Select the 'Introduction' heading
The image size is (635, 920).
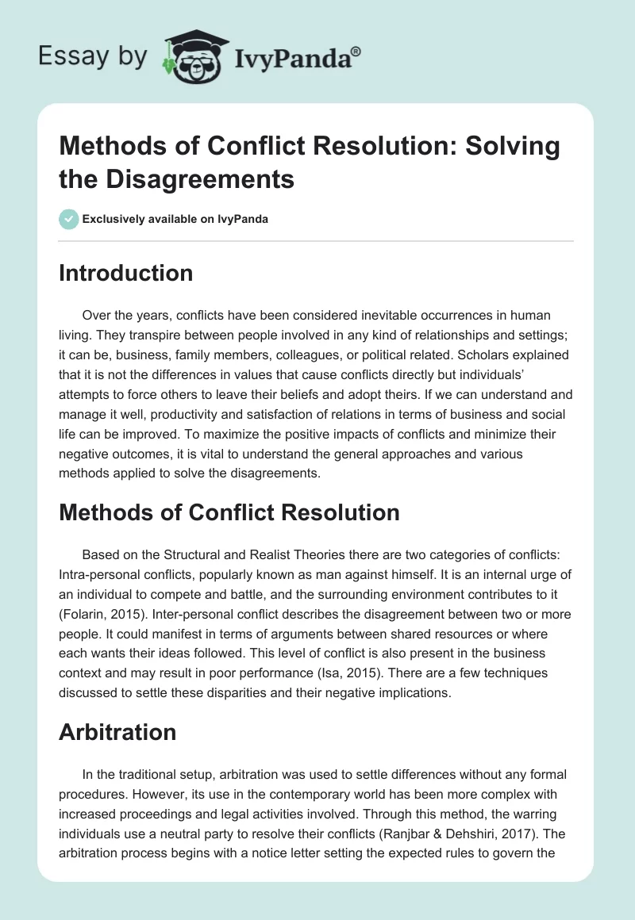[126, 273]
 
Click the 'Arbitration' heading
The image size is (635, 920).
[117, 732]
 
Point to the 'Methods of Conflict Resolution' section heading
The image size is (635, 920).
[229, 512]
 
